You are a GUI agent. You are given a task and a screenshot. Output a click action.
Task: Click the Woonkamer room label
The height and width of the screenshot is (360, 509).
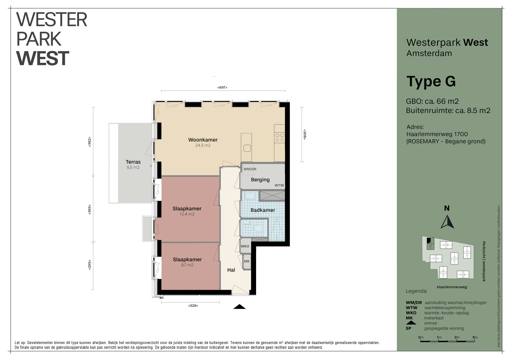pos(203,140)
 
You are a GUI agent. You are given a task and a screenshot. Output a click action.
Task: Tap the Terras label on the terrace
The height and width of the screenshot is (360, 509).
pos(133,162)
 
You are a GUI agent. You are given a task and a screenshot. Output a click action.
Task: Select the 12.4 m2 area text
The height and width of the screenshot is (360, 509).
pos(187,214)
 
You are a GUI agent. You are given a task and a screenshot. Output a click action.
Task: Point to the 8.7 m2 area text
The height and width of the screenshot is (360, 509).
pos(187,265)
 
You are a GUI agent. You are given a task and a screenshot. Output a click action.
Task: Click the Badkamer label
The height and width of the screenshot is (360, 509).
pos(263,210)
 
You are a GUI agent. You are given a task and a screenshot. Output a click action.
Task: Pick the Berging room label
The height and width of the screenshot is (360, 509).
pos(260,180)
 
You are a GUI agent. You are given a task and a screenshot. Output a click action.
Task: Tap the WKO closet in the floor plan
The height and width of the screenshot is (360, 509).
pos(245,246)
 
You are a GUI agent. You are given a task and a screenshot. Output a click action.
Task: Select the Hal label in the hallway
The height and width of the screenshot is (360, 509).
pos(231,270)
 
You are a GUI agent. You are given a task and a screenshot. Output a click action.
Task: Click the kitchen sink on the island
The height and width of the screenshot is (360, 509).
pos(247,148)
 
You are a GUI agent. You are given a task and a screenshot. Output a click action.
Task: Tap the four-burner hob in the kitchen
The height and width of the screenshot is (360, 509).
pos(279,138)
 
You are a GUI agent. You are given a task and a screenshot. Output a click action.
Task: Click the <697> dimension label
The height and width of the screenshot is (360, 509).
pos(222,87)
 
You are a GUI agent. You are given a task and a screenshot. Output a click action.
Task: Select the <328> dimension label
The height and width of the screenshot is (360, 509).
pos(193,306)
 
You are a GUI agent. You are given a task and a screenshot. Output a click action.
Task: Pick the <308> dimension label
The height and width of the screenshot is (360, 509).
pos(305,134)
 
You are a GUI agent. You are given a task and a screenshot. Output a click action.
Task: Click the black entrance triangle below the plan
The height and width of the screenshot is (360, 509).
pos(239,307)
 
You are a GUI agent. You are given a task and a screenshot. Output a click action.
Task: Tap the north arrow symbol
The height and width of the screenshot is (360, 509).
pos(447,222)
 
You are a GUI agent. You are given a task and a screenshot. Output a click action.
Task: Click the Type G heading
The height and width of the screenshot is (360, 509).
pos(431,82)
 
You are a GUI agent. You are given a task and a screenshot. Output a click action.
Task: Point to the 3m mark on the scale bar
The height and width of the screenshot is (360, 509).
pos(475,337)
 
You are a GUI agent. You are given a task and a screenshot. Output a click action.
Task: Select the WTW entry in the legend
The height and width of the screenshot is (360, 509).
pos(411,308)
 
